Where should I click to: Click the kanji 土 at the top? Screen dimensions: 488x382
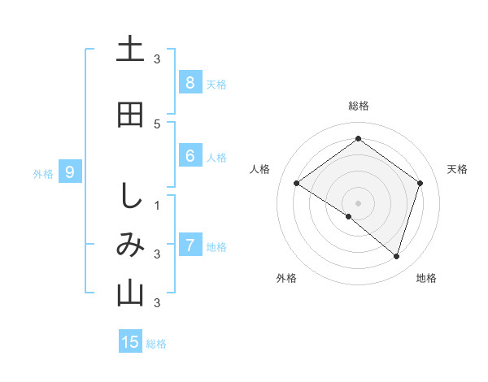pos(130,50)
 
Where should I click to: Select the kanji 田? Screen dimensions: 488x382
pos(130,115)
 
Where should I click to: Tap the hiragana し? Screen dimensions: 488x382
pos(130,196)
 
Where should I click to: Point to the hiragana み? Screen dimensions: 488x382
pos(130,245)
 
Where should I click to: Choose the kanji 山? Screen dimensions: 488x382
pos(130,293)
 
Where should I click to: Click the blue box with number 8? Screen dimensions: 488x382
pos(190,82)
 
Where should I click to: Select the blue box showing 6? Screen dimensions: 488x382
pos(190,156)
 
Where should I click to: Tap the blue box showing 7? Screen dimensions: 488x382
pos(190,245)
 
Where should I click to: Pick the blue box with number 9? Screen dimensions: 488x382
pos(70,171)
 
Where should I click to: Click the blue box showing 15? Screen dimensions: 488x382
pos(130,342)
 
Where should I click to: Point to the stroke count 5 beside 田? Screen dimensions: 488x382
pos(157,124)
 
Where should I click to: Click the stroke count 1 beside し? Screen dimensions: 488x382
pos(157,205)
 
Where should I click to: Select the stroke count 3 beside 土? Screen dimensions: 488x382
pos(157,59)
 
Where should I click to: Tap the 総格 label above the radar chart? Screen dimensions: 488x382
pos(358,106)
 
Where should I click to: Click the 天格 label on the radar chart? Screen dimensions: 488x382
pos(457,169)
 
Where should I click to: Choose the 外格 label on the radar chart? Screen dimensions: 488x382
pos(286,278)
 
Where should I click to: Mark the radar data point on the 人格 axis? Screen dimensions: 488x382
pos(297,184)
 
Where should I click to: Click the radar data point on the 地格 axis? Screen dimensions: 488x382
pos(397,257)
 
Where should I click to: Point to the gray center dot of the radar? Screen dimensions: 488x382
pos(358,202)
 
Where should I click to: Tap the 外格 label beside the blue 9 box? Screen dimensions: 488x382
pos(42,173)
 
